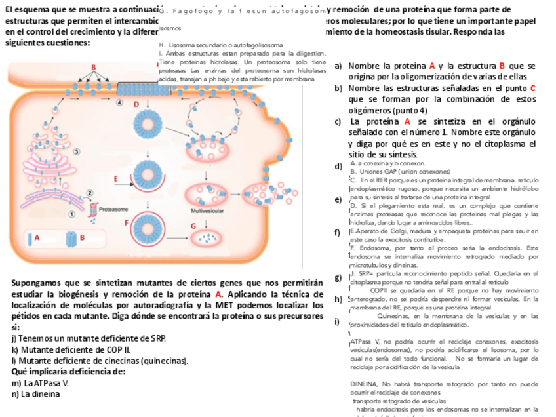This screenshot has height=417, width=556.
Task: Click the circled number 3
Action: pyautogui.click(x=76, y=151)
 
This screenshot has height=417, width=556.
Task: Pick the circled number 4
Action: pyautogui.click(x=119, y=103)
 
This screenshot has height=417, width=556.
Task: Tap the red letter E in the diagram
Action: pyautogui.click(x=116, y=178)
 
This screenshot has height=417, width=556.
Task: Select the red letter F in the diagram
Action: pyautogui.click(x=127, y=222)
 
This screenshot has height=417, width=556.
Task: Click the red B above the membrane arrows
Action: pyautogui.click(x=94, y=68)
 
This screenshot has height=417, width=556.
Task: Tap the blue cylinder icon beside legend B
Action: pyautogui.click(x=71, y=239)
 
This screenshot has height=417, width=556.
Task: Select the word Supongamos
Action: pyautogui.click(x=38, y=283)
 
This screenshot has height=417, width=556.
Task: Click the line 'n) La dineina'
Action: pyautogui.click(x=36, y=394)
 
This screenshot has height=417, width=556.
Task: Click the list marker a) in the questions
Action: pyautogui.click(x=338, y=66)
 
